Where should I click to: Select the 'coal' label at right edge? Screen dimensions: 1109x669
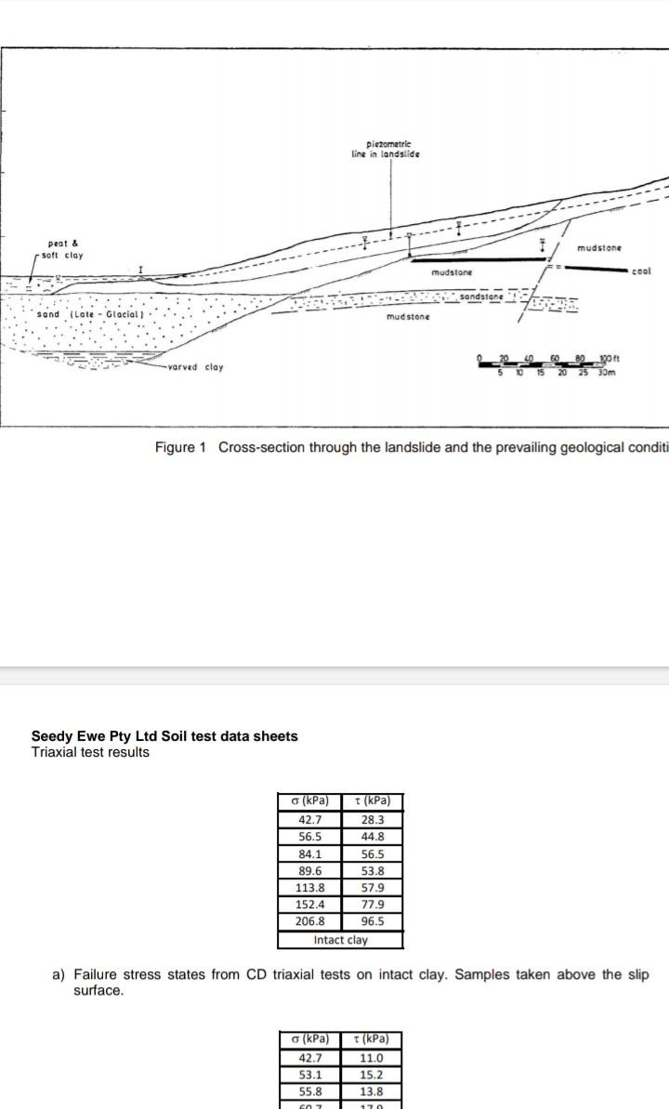(640, 271)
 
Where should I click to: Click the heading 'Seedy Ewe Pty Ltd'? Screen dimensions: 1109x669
(164, 736)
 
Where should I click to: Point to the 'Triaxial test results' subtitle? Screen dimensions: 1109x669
(90, 752)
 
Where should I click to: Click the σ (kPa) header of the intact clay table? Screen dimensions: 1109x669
(310, 802)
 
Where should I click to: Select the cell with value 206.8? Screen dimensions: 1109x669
(310, 922)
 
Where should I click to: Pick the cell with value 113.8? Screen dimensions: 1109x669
(310, 888)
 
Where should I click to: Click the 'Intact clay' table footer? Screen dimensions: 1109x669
(341, 940)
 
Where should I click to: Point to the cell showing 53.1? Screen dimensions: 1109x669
(310, 1075)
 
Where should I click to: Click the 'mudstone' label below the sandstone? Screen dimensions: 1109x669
(409, 318)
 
